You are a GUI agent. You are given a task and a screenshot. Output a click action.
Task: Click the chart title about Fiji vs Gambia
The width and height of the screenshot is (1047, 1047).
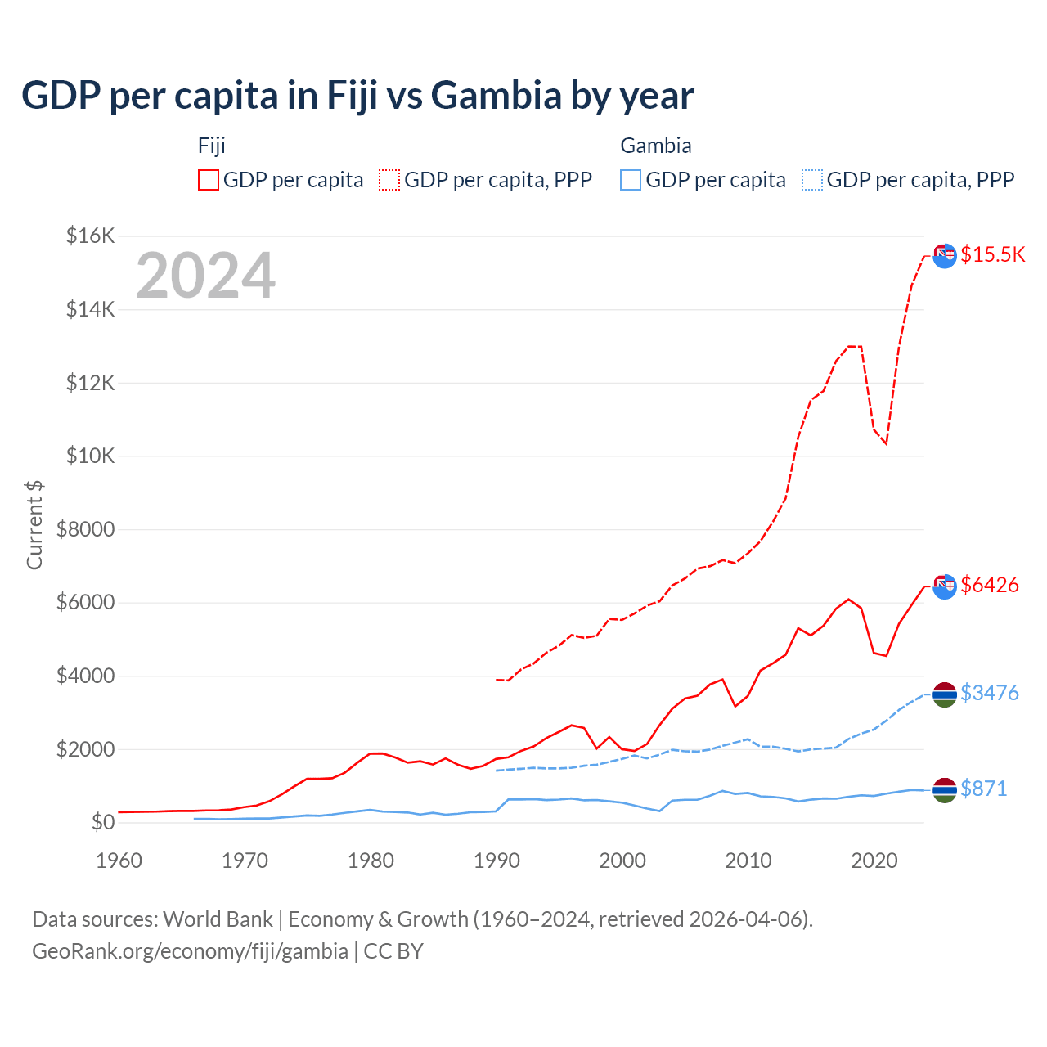click(x=357, y=96)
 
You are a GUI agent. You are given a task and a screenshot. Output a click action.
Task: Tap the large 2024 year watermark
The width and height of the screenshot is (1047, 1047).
click(x=205, y=276)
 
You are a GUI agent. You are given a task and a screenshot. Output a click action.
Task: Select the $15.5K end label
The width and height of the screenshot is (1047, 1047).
click(x=992, y=254)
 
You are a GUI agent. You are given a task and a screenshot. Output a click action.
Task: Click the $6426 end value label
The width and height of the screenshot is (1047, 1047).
click(x=990, y=585)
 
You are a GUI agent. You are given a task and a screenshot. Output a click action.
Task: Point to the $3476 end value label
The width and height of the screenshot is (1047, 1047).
click(x=990, y=693)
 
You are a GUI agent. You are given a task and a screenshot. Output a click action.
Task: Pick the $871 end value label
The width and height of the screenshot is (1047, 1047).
click(x=983, y=789)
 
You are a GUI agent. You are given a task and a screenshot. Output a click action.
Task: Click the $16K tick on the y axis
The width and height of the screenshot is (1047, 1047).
click(x=90, y=236)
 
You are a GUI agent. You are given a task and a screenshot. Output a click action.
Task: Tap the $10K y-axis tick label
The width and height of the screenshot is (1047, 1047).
click(x=90, y=456)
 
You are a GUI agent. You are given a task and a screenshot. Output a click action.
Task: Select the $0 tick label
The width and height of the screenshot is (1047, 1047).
click(x=102, y=822)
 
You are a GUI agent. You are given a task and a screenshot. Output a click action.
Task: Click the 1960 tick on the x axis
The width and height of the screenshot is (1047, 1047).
click(x=119, y=861)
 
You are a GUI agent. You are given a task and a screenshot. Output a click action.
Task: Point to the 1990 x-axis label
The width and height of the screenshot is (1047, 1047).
click(x=497, y=861)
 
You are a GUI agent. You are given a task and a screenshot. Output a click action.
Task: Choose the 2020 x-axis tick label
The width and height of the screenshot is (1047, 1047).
click(x=874, y=861)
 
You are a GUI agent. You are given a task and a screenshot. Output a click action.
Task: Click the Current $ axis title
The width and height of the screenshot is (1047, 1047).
click(x=34, y=524)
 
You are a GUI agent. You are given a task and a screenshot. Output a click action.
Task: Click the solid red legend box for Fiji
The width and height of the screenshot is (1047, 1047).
click(x=209, y=180)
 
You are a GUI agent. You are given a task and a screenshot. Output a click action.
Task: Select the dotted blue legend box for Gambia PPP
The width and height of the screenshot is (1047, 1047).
click(x=812, y=180)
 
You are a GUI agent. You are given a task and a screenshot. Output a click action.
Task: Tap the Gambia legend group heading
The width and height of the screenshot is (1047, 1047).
click(x=656, y=146)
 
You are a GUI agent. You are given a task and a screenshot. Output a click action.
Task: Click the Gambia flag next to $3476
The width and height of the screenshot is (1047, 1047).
click(x=945, y=694)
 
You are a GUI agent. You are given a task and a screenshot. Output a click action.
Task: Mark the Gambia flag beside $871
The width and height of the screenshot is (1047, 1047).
click(x=945, y=789)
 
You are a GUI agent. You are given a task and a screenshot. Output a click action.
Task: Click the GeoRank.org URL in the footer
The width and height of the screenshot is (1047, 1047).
click(x=190, y=951)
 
